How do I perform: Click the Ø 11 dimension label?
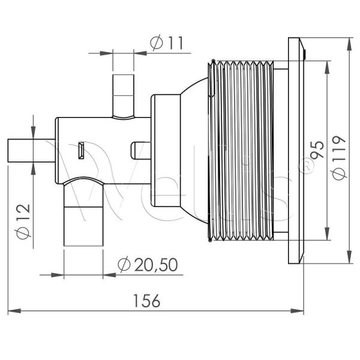(166, 43)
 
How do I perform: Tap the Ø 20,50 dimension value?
(147, 265)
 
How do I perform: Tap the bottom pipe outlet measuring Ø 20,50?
(83, 225)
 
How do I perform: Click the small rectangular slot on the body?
(80, 150)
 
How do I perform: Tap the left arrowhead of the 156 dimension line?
(12, 311)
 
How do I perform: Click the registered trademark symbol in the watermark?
(307, 168)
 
